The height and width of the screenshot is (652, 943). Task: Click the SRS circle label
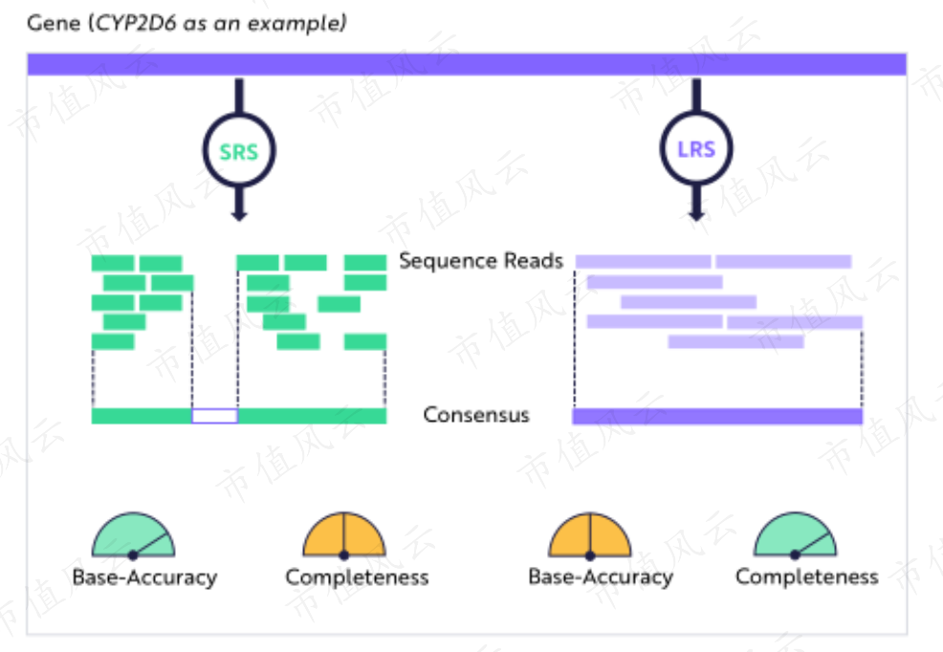239,152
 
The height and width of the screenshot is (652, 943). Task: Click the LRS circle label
696,149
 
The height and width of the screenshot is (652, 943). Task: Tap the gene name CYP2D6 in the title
136,24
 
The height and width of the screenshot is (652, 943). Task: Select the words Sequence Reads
481,261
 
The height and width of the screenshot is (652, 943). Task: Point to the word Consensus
476,415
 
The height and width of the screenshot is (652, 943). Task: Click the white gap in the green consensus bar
214,416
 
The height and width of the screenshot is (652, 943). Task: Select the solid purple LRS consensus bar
717,416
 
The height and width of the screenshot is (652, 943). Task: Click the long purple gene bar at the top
467,64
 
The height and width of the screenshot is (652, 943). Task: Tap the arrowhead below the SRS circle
239,215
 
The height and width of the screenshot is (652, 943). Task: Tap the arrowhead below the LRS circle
696,214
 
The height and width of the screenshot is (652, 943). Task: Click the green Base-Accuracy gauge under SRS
134,534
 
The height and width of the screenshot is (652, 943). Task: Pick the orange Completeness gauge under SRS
344,534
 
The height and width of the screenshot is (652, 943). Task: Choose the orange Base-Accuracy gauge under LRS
590,534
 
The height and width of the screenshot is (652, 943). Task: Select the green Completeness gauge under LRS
795,534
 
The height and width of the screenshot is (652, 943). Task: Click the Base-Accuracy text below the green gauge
144,577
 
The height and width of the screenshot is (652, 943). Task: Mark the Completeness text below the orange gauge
358,577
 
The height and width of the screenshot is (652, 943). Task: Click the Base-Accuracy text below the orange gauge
601,576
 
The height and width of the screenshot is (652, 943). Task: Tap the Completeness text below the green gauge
807,576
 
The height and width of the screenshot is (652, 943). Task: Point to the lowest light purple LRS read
736,342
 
